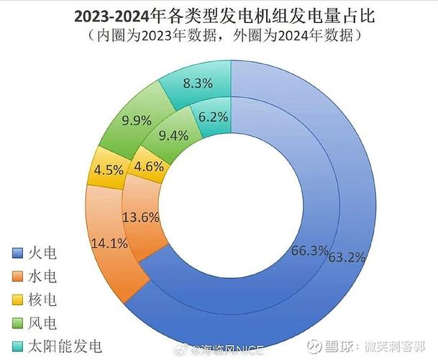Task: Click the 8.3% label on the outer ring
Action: [x=198, y=83]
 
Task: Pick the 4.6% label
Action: [x=149, y=166]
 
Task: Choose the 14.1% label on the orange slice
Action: [x=106, y=243]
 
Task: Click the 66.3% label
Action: [x=310, y=251]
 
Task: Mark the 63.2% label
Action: [x=347, y=256]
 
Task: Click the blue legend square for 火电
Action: [x=18, y=253]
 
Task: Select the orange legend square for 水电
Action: [x=18, y=276]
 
